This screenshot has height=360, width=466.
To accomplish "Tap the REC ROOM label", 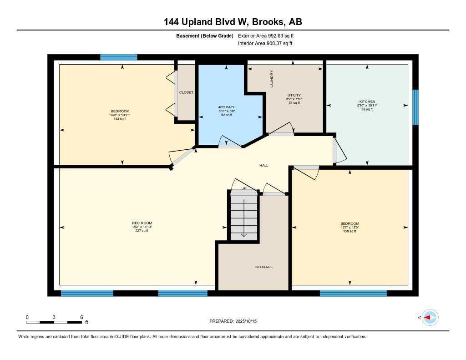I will click(139, 223).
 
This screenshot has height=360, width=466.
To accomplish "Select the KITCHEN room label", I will click(367, 101).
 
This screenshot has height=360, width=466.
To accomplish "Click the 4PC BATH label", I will click(226, 107).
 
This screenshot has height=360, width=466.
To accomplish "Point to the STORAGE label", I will click(264, 267).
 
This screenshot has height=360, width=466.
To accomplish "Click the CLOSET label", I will click(186, 92).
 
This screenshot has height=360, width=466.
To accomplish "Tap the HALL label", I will click(263, 165).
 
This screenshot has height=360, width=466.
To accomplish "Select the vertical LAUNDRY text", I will click(272, 79).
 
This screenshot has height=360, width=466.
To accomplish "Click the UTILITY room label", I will click(294, 95).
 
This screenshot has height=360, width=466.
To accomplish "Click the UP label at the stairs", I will click(244, 188).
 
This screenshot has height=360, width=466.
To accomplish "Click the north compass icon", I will click(430, 317).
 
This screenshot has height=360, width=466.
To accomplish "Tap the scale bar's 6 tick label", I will click(81, 317).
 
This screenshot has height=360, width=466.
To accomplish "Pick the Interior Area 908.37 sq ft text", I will click(265, 43).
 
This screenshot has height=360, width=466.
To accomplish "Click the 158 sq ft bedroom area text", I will click(349, 231).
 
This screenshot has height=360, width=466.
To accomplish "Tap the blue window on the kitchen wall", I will click(415, 107).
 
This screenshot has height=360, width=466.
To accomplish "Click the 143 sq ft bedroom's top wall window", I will click(118, 57).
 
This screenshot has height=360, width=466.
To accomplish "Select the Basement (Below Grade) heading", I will click(204, 35).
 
